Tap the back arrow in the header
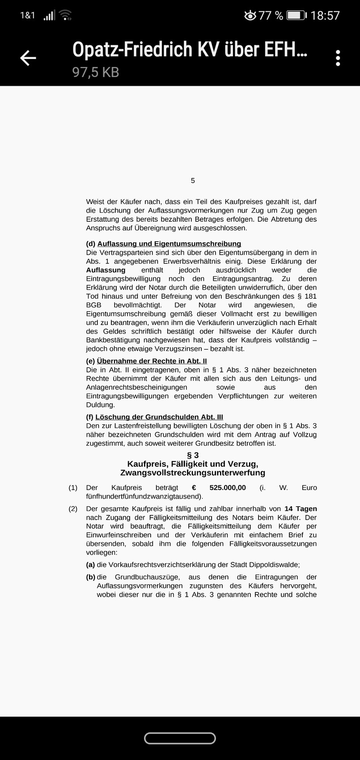tap(28, 58)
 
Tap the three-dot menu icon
tap(338, 58)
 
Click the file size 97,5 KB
tap(96, 72)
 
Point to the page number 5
tap(193, 181)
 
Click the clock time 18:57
tap(325, 16)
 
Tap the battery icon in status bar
tap(296, 16)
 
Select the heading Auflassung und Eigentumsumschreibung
tap(169, 244)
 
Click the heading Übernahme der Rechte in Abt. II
tap(152, 361)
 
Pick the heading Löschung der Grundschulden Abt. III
tap(159, 417)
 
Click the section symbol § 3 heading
tap(193, 455)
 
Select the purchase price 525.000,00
tap(228, 488)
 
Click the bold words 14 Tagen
tap(301, 509)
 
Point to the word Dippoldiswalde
tap(273, 565)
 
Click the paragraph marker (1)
tap(73, 488)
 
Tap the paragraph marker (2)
tap(73, 509)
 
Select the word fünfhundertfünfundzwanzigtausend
tap(143, 496)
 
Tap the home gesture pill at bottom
tap(180, 738)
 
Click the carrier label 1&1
tap(27, 16)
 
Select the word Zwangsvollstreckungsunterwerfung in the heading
tap(193, 473)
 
